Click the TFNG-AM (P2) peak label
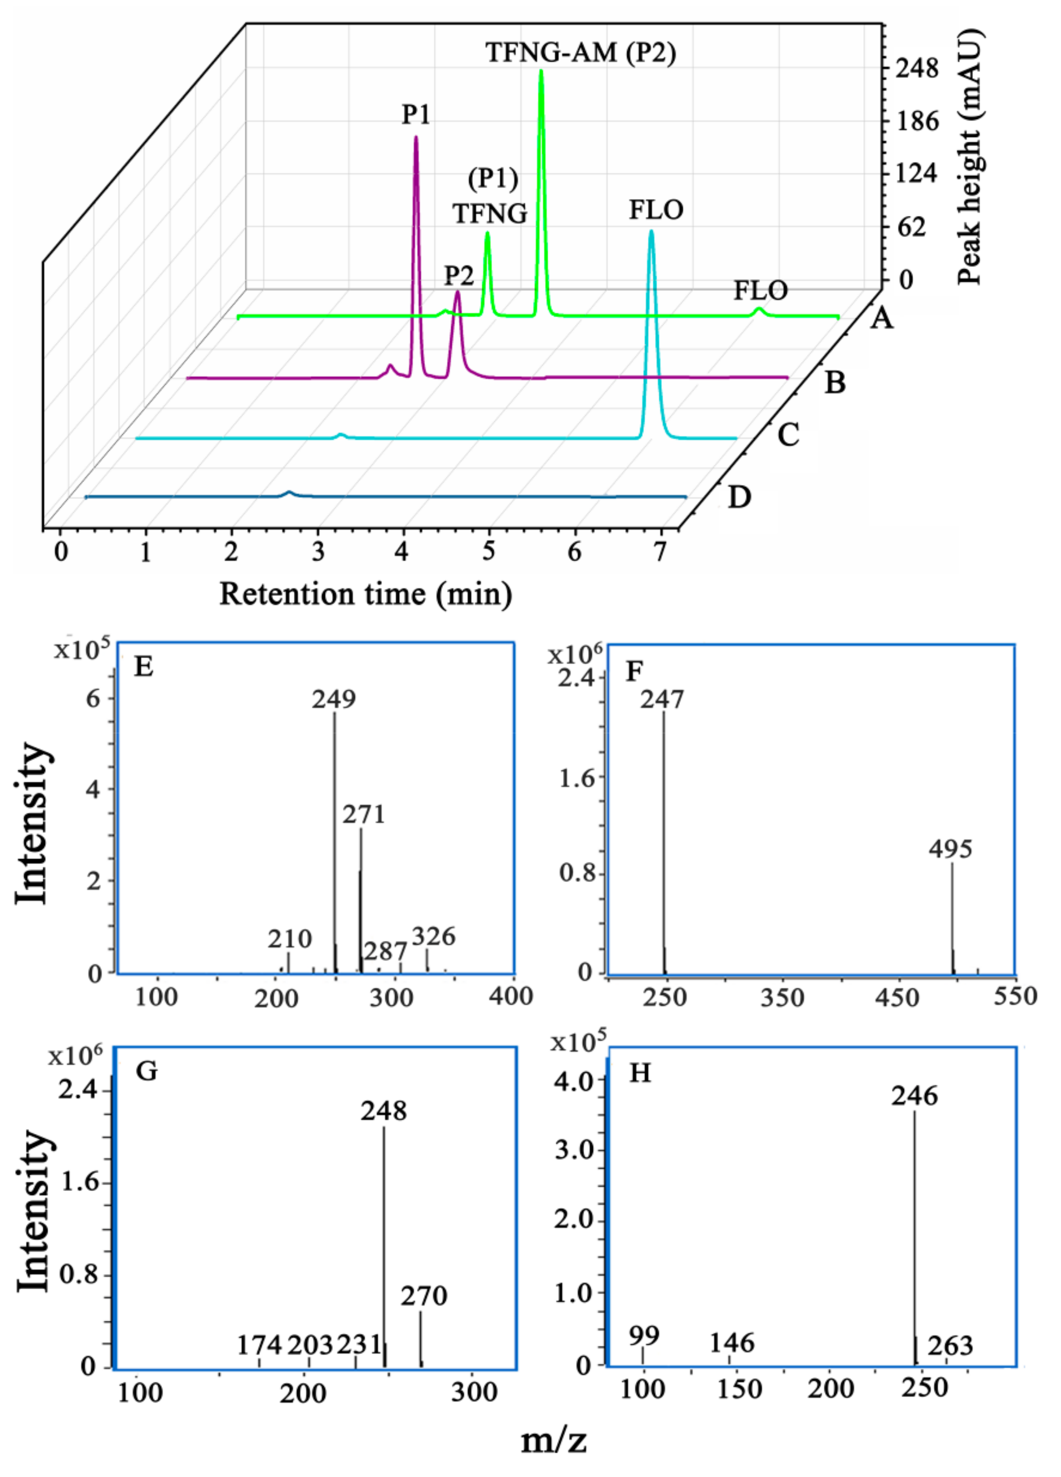tap(581, 53)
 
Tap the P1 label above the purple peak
tap(415, 115)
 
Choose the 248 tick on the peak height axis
tap(917, 68)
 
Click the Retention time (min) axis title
tap(366, 594)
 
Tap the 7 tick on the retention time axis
tap(660, 552)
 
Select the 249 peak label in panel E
tap(334, 699)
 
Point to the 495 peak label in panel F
tap(951, 849)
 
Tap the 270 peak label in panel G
tap(424, 1296)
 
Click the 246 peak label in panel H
tap(915, 1097)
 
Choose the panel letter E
tap(143, 667)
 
